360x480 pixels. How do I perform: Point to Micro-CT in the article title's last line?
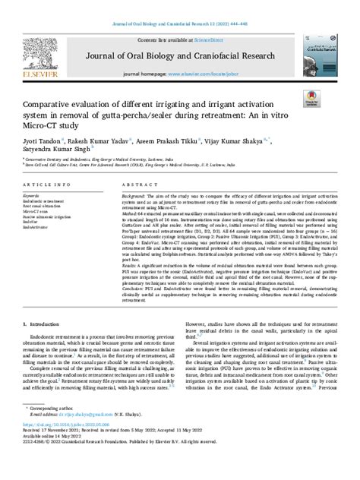(x=60, y=125)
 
